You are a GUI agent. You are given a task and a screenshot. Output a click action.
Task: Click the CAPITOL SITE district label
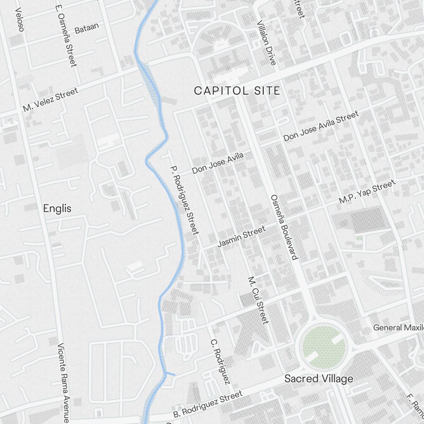coord(237,90)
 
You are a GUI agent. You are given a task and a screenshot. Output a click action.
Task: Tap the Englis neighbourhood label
coord(57,209)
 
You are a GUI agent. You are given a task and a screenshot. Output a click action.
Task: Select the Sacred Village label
coord(318,379)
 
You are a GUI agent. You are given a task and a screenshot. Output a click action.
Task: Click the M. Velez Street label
coord(50,100)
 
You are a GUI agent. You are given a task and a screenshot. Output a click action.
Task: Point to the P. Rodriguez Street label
coord(184,200)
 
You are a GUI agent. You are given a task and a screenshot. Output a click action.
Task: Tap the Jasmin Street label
coord(241,237)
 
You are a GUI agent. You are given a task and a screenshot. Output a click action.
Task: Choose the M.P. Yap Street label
coord(367,192)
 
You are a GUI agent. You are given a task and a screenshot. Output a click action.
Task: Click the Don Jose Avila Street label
coord(321,126)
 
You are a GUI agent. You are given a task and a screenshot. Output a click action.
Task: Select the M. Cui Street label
coord(258,300)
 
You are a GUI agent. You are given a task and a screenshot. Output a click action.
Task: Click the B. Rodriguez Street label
coord(208,404)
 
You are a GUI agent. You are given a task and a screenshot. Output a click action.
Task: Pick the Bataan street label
coord(86,28)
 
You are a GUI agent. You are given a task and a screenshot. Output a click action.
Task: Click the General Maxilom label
coord(398,328)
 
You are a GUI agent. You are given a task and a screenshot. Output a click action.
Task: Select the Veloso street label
coord(19,20)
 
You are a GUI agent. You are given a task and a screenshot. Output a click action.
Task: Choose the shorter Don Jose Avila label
coord(218,163)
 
